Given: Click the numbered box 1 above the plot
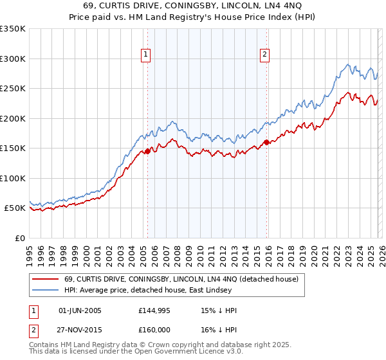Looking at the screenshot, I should click(147, 55).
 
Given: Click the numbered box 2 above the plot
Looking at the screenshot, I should click(264, 55).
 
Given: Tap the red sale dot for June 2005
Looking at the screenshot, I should click(147, 152).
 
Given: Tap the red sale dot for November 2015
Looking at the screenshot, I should click(266, 143).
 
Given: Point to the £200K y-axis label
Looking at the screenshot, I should click(12, 118).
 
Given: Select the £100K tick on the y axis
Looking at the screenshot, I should click(12, 178).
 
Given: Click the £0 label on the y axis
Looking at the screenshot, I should click(19, 238).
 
